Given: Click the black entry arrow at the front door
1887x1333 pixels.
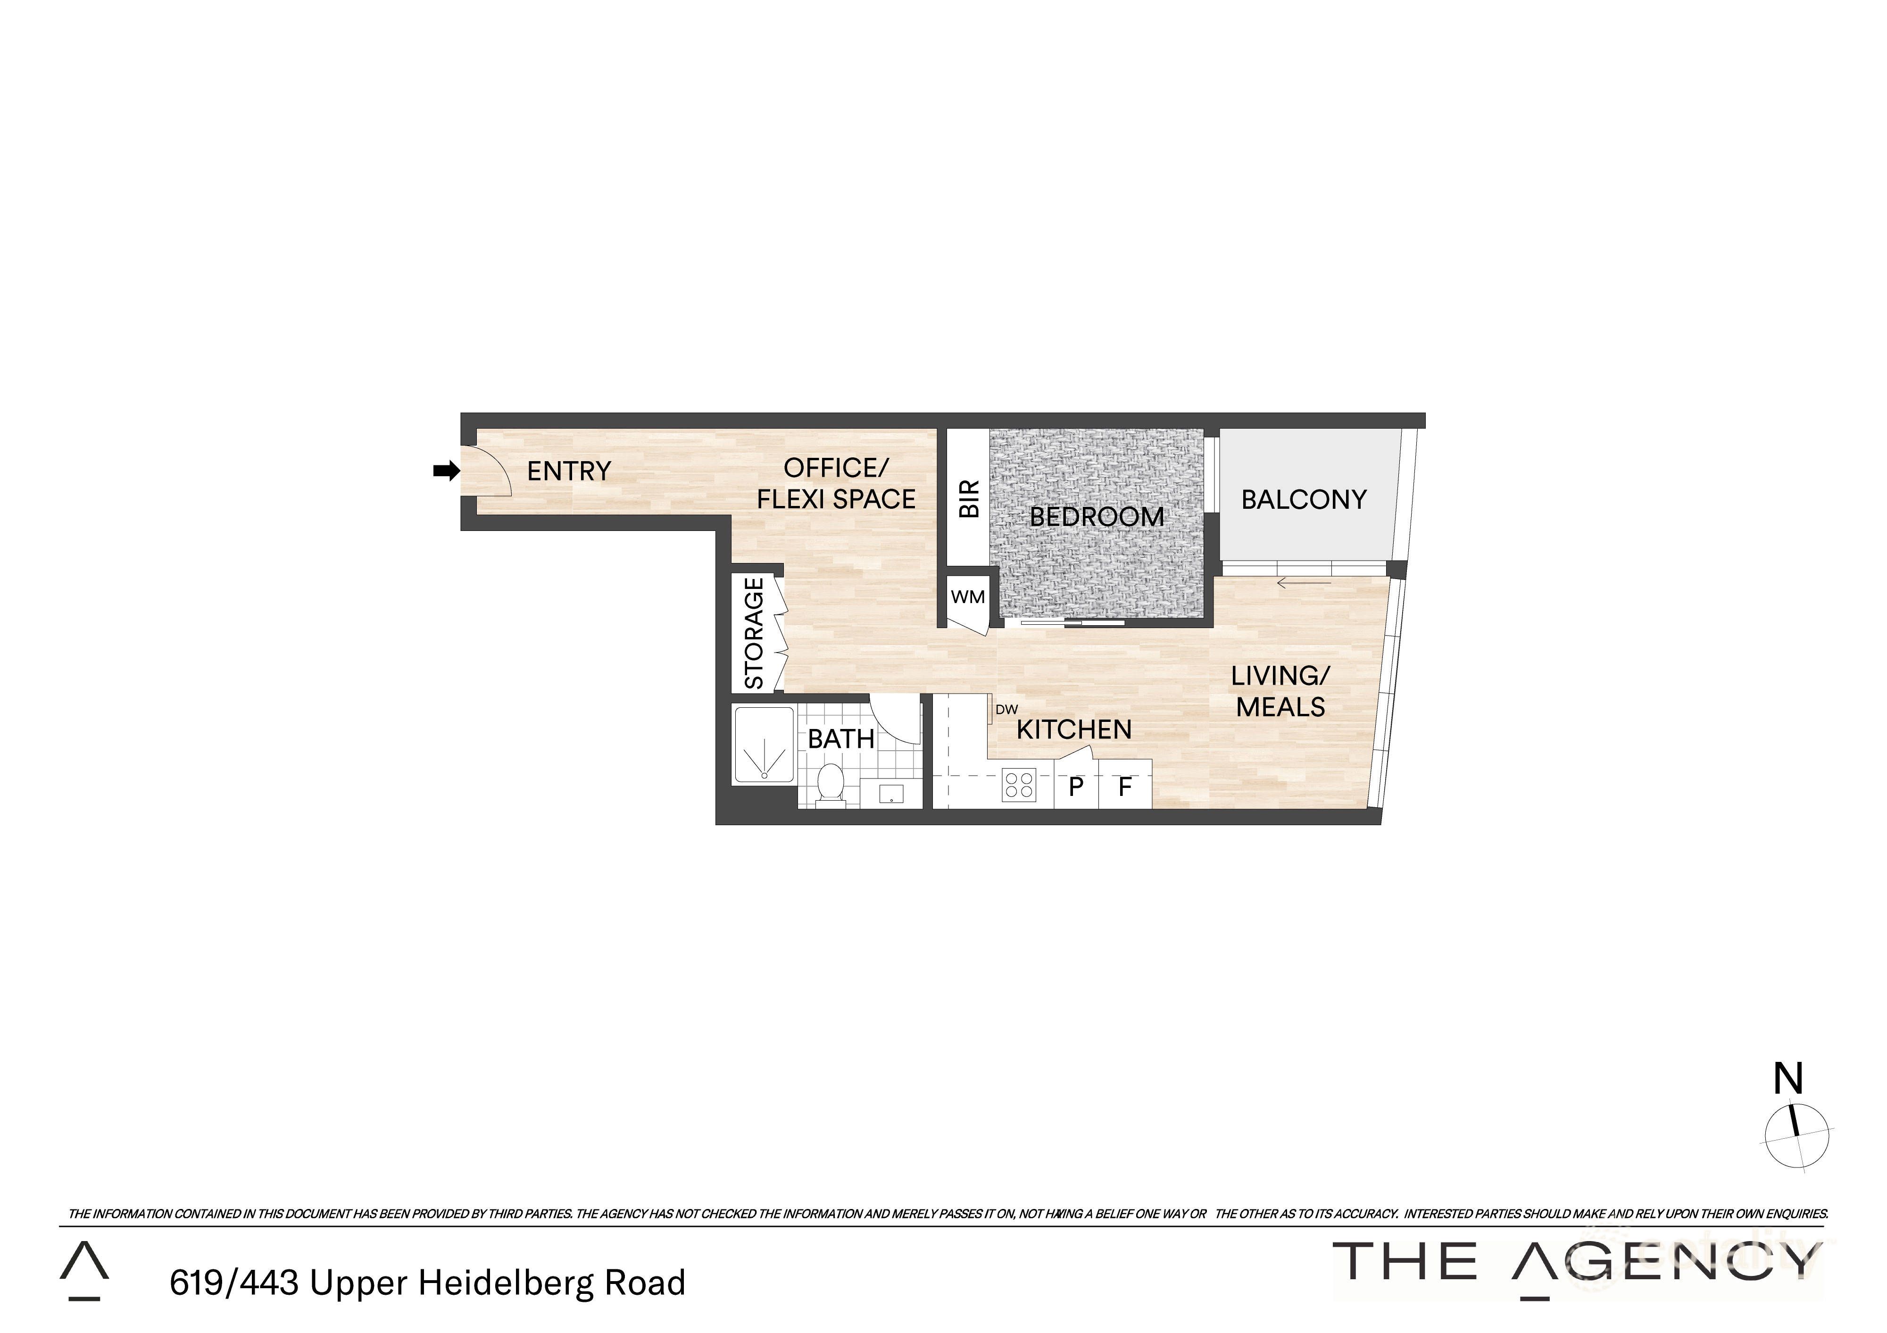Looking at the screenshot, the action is click(x=446, y=471).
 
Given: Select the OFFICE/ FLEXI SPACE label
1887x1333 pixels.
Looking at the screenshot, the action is click(x=836, y=483).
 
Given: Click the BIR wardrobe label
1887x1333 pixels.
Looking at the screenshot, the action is click(x=970, y=499).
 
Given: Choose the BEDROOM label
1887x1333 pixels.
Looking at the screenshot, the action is click(x=1097, y=517).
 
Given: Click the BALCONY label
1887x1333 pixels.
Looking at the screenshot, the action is click(x=1304, y=500).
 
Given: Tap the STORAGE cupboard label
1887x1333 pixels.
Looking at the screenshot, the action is click(x=755, y=634).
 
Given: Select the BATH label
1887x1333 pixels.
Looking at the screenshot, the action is click(x=841, y=739).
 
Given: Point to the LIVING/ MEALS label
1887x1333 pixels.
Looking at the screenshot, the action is click(x=1280, y=691).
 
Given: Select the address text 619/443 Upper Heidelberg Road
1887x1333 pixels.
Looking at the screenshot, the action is click(x=427, y=1283).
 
